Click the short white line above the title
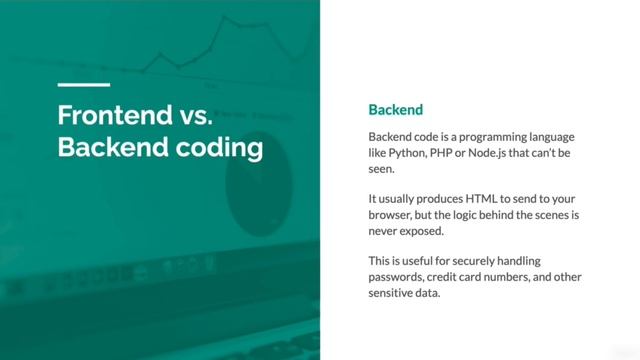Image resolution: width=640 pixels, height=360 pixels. point(84,85)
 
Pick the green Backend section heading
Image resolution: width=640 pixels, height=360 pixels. point(396,109)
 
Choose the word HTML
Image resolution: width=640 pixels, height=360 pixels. point(461,198)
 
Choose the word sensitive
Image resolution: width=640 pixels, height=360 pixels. point(397,295)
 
